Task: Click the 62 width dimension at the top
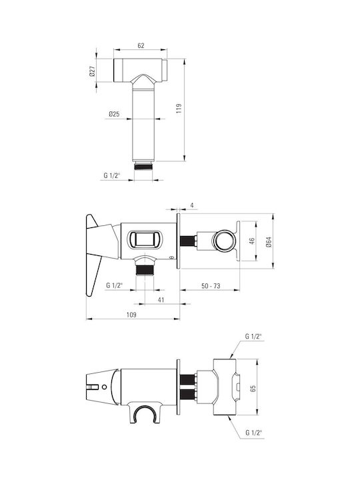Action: click(141, 45)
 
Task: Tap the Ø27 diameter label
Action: click(93, 71)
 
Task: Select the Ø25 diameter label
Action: click(114, 114)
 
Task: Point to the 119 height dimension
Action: click(179, 109)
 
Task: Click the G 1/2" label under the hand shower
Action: click(112, 175)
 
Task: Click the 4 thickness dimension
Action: click(192, 205)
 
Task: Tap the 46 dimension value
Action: click(252, 241)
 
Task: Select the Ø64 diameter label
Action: click(269, 242)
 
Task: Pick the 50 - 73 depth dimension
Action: click(211, 286)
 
